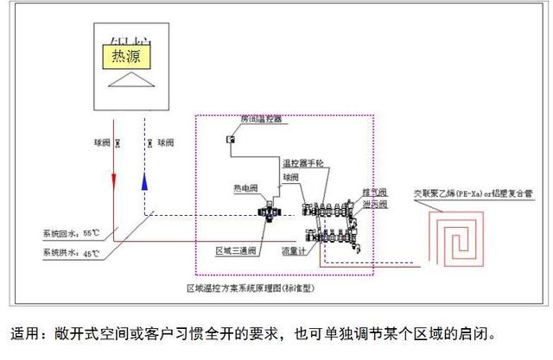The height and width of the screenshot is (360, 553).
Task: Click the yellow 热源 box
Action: pyautogui.click(x=126, y=56)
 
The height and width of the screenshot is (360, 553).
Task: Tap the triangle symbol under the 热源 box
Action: pyautogui.click(x=126, y=80)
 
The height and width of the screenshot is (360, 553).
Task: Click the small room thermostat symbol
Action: pyautogui.click(x=231, y=139)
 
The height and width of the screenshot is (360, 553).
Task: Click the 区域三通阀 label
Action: pyautogui.click(x=235, y=251)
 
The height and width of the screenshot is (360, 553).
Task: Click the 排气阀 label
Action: pyautogui.click(x=376, y=192)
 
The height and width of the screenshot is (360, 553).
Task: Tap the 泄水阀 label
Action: pyautogui.click(x=376, y=205)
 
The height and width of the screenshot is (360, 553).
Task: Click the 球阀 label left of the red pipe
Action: pyautogui.click(x=102, y=142)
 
